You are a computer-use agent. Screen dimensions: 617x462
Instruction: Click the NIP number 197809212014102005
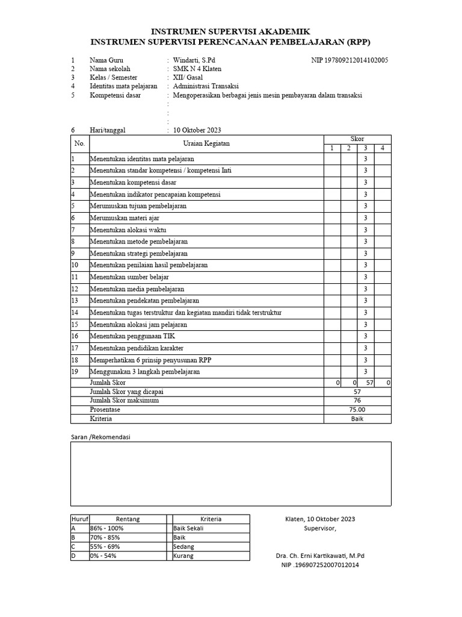pyautogui.click(x=350, y=60)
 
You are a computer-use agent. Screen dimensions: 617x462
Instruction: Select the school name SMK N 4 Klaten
pyautogui.click(x=197, y=69)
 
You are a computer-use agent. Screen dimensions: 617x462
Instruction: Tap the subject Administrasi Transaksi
pyautogui.click(x=206, y=86)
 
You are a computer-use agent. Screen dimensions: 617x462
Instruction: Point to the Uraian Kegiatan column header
pyautogui.click(x=206, y=143)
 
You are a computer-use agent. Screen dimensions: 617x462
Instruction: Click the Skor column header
pyautogui.click(x=357, y=139)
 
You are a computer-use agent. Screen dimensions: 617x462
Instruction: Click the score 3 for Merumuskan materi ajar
pyautogui.click(x=365, y=218)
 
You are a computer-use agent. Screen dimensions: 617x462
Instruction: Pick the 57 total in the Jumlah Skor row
pyautogui.click(x=370, y=383)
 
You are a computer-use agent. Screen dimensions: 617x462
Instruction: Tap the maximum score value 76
pyautogui.click(x=357, y=400)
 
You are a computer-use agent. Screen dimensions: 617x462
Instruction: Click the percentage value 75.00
pyautogui.click(x=357, y=410)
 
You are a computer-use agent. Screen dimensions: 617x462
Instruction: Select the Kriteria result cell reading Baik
pyautogui.click(x=357, y=419)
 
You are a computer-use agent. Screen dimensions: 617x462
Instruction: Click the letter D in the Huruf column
pyautogui.click(x=73, y=556)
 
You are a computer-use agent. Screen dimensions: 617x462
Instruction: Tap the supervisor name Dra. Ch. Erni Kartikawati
pyautogui.click(x=320, y=556)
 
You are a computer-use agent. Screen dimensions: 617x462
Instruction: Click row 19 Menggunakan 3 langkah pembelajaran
pyautogui.click(x=145, y=372)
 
